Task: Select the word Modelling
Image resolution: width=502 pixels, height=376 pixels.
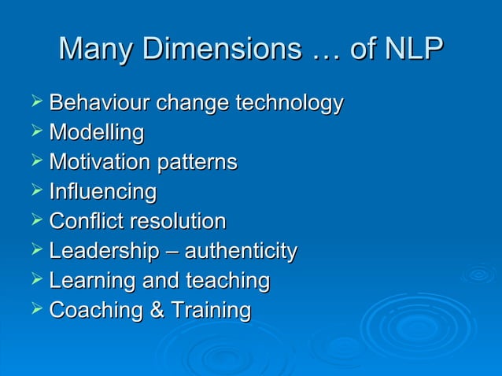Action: point(96,133)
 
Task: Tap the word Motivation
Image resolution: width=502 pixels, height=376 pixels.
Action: point(99,163)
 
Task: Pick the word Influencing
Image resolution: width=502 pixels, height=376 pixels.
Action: point(102,192)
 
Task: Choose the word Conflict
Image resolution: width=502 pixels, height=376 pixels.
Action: point(83,221)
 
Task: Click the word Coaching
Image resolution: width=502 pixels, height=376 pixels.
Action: point(94,310)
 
